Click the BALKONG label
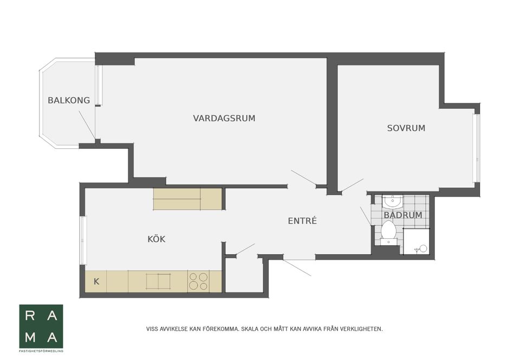(x=68, y=100)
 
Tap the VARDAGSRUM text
(x=224, y=118)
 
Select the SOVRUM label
(x=406, y=128)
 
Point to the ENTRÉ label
(x=302, y=221)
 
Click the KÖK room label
(x=157, y=239)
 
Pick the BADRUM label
(x=402, y=215)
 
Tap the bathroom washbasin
(x=391, y=202)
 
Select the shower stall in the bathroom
(x=416, y=241)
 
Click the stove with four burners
(x=198, y=282)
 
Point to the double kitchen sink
(x=158, y=282)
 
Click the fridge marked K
(x=96, y=282)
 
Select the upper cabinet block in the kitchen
(x=187, y=199)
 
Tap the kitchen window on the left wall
(x=83, y=240)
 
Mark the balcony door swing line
(x=87, y=125)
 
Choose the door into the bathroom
(x=366, y=215)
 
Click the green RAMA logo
(x=41, y=326)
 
